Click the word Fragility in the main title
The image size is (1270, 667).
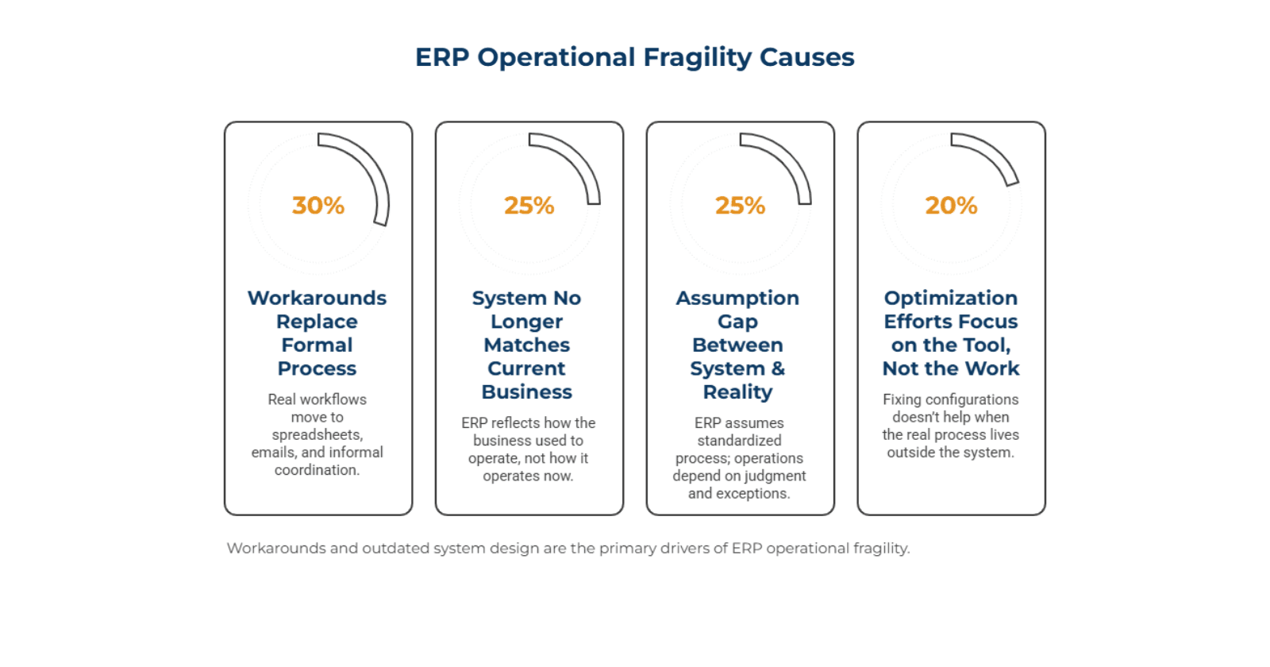coord(697,58)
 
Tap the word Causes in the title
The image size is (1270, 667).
coord(806,57)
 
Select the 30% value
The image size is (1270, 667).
coord(318,206)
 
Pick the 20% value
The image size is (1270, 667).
coord(951,206)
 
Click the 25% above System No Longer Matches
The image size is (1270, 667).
coord(529,206)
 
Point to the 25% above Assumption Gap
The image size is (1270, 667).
coord(740,206)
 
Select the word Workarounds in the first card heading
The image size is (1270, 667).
coord(317,298)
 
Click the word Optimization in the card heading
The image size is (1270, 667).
coord(950,298)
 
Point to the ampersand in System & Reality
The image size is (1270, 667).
coord(778,368)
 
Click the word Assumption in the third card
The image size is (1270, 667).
coord(737,298)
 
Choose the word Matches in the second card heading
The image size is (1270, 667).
coord(527,345)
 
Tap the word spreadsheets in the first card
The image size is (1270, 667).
coord(317,435)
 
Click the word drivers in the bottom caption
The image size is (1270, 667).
coord(698,549)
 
